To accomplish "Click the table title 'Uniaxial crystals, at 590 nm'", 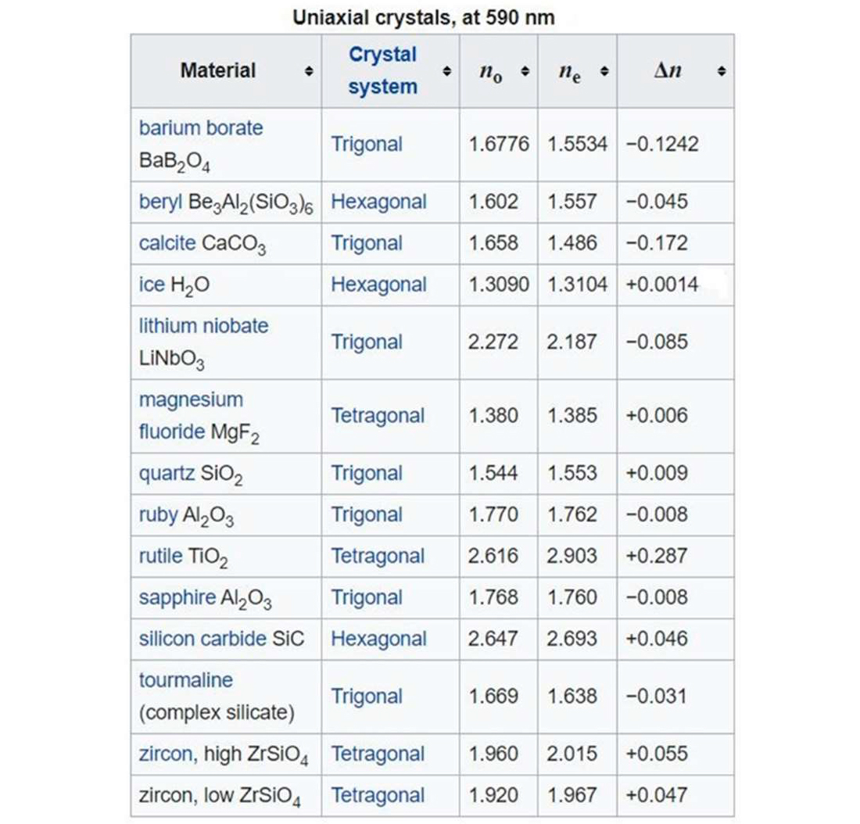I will coord(424,17).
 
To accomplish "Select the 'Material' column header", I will coord(217,70).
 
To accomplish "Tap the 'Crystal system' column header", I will coord(382,70).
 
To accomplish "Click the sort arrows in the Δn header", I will coord(721,71).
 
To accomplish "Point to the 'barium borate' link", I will coord(201,127).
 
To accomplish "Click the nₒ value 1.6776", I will coord(498,145).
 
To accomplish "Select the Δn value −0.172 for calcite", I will coord(657,243).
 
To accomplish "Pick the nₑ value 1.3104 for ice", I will coord(577,285).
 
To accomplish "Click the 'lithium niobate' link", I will coord(203,325).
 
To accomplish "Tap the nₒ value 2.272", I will coord(493,342).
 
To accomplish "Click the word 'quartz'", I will coord(167,473).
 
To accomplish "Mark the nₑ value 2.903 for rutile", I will coord(572,556).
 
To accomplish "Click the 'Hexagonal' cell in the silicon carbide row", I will coord(378,639).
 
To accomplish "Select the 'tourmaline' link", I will coord(185,680).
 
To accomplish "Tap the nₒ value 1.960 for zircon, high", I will coord(493,754).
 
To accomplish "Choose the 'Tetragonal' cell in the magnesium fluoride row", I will coord(378,416).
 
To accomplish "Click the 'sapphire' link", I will coord(177,597).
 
